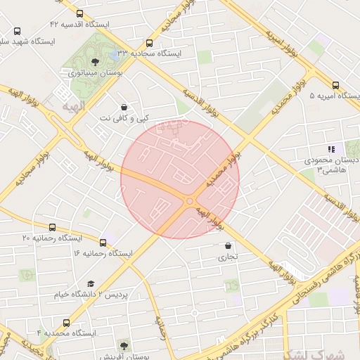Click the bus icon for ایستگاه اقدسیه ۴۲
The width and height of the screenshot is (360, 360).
coord(78,13)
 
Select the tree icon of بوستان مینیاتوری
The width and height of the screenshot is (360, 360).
coord(95,61)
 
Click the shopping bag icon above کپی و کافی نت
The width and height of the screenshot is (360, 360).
coord(124,106)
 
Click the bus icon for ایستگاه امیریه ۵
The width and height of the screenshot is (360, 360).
coord(335,84)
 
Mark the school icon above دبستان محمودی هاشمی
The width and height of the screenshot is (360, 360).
coord(330,149)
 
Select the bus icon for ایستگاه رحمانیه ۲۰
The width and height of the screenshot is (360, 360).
coord(53,227)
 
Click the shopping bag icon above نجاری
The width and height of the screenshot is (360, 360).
coord(228,246)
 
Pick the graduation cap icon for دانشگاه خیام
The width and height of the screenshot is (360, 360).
coord(91,283)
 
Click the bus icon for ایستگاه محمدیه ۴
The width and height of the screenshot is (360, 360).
coord(66,323)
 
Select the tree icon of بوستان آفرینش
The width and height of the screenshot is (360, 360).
coord(124,345)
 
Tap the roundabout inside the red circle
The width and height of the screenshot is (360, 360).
coord(188,202)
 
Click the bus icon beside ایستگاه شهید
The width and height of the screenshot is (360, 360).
coord(17,31)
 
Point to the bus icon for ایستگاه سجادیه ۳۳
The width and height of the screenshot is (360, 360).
coord(148,43)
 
